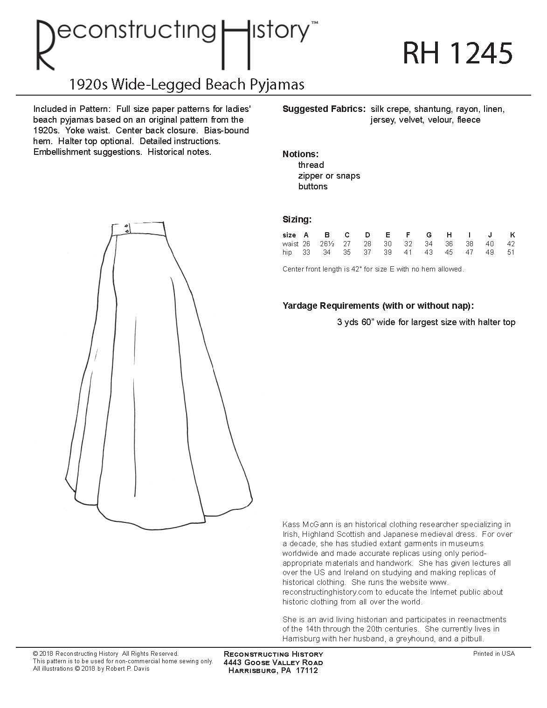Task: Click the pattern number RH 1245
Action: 457,54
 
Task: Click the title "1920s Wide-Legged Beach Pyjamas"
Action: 187,84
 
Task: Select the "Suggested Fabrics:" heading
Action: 324,109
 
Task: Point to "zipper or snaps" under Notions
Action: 329,176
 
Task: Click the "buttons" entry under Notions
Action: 312,187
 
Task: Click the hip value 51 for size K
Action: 511,252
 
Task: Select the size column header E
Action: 388,235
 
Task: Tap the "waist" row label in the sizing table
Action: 290,243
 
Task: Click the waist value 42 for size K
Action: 511,243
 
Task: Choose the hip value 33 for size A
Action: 306,252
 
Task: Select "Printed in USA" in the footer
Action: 494,654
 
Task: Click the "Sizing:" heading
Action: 297,219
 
